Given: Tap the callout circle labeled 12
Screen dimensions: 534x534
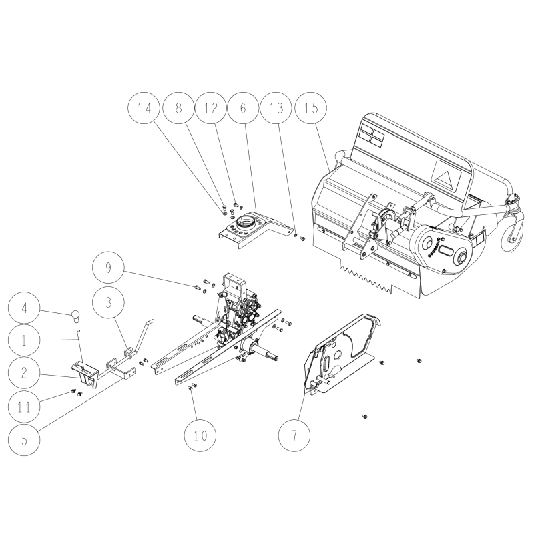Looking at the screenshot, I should tap(212, 109).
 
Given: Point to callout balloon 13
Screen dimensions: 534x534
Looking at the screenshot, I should tap(277, 109).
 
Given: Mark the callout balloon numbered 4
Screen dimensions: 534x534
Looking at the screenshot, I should tap(25, 310).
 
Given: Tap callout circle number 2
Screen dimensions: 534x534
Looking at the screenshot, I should tap(25, 373).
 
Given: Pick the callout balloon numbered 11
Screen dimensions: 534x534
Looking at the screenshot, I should tap(25, 405).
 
